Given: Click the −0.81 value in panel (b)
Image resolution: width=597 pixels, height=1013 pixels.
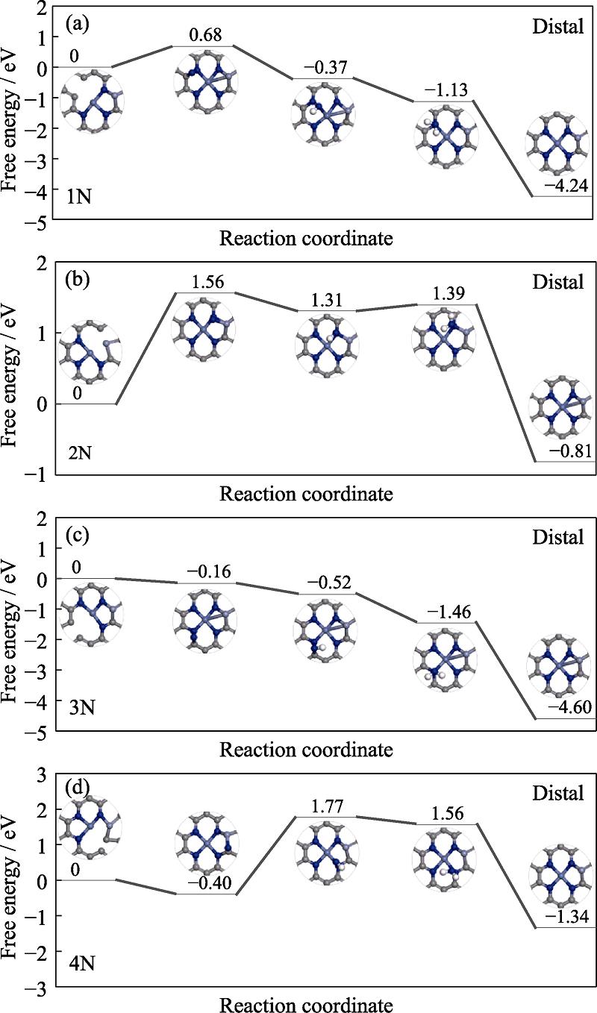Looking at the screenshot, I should click(565, 451).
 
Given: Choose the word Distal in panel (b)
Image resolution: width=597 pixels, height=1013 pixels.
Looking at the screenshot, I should click(557, 282).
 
